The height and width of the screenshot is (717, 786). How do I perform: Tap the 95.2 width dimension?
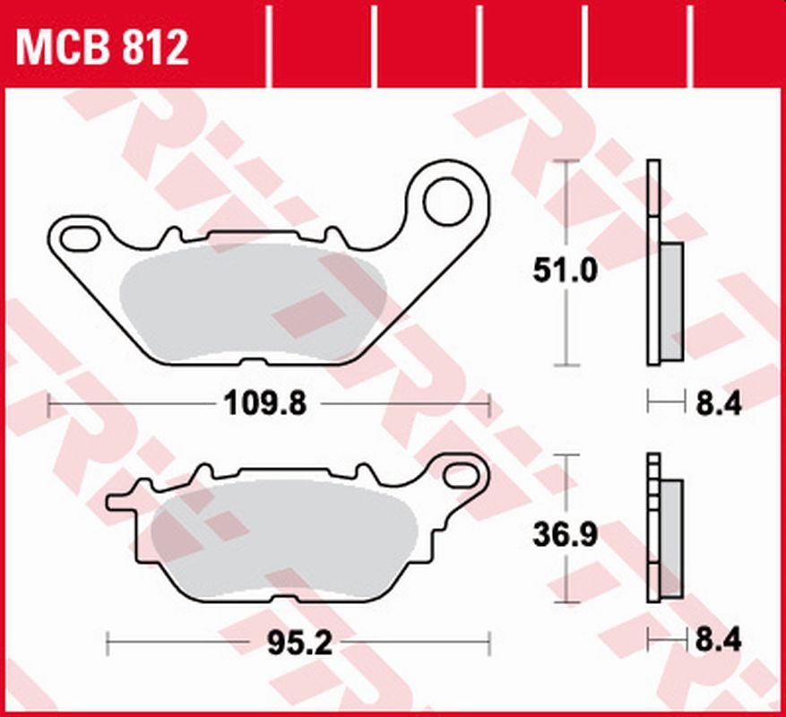point(295,643)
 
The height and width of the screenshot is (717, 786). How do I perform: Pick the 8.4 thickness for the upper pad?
point(717,405)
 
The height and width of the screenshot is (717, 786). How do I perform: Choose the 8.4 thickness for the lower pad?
point(717,643)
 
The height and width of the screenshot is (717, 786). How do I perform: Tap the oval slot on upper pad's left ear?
point(80,238)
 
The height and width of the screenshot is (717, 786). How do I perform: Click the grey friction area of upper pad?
point(251,309)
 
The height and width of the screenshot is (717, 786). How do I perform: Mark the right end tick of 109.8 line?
point(489,405)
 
